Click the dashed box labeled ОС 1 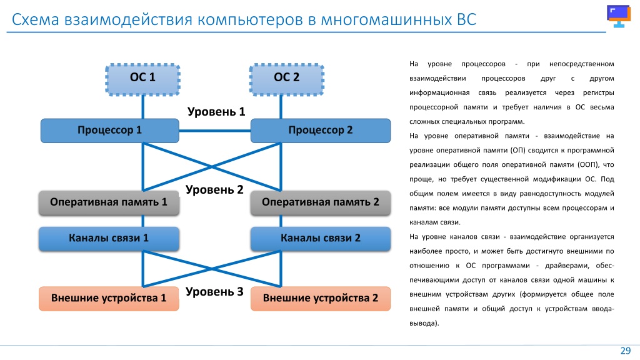(x=143, y=79)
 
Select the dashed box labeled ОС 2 (x=286, y=79)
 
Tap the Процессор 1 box (x=110, y=131)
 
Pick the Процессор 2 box (x=321, y=131)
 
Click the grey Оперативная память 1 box (x=109, y=203)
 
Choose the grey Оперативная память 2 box (x=321, y=203)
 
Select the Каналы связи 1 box (x=109, y=239)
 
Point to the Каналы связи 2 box (x=321, y=239)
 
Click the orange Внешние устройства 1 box (x=109, y=299)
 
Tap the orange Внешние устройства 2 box (x=321, y=299)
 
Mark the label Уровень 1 (x=216, y=112)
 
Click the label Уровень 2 (x=214, y=190)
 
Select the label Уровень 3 (x=214, y=292)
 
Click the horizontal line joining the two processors (x=215, y=131)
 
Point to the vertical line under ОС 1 (x=143, y=107)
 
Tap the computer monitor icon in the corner (x=619, y=16)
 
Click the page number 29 (x=626, y=351)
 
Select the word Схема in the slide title (x=36, y=19)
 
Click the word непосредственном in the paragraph (x=582, y=64)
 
